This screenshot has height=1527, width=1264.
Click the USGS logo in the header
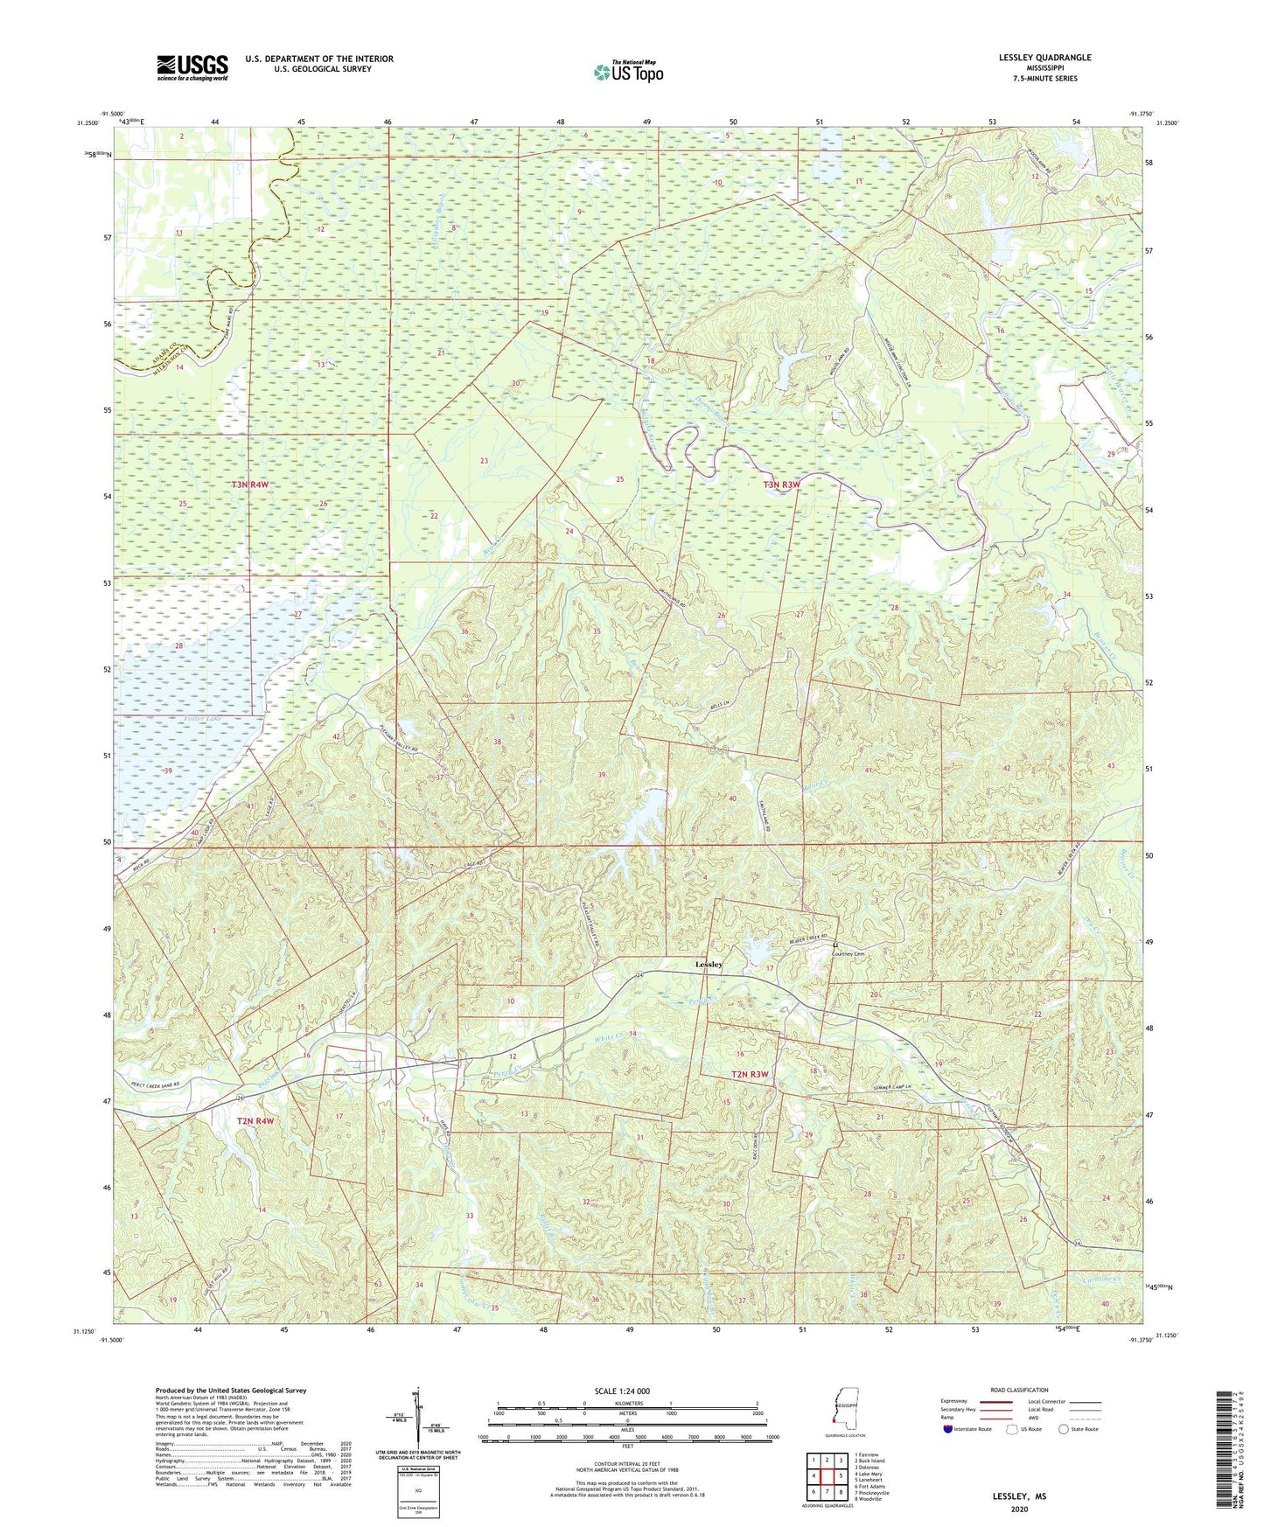192,67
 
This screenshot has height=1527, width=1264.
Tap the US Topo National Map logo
628,72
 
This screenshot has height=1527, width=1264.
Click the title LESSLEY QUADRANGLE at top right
1045,58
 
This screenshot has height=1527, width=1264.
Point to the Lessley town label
709,964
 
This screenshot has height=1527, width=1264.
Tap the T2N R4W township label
255,1120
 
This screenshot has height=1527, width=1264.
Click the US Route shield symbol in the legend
1013,1429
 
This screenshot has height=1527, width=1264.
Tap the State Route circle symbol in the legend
1064,1429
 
